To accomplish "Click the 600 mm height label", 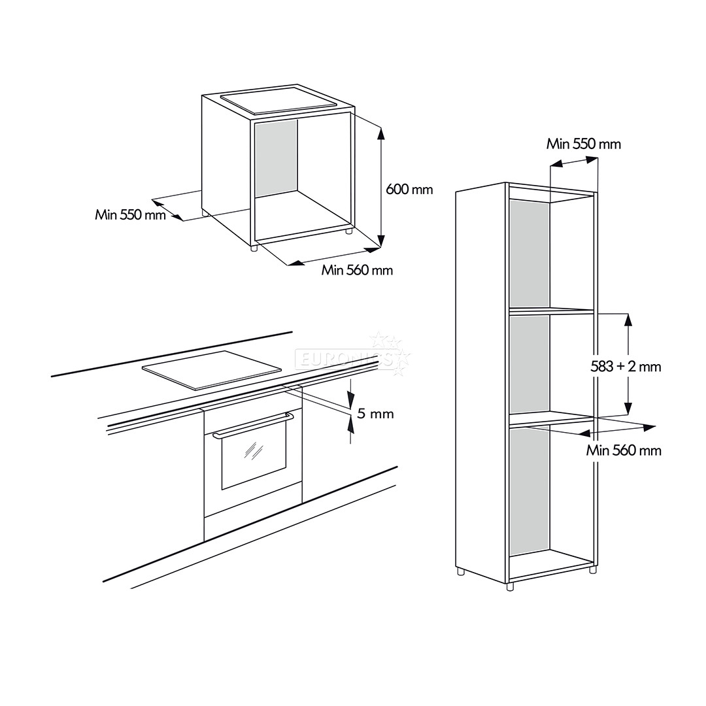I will click(x=409, y=190).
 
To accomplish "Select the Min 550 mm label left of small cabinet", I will click(x=130, y=214).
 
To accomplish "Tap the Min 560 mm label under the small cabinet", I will click(x=357, y=270).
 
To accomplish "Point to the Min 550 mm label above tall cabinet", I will click(x=584, y=144).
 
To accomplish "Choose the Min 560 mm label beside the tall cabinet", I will click(x=624, y=450).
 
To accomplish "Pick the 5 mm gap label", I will click(x=375, y=414).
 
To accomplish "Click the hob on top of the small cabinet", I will click(x=278, y=101).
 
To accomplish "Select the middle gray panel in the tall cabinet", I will click(x=529, y=363).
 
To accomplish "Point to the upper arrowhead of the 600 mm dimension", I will click(x=382, y=133).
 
